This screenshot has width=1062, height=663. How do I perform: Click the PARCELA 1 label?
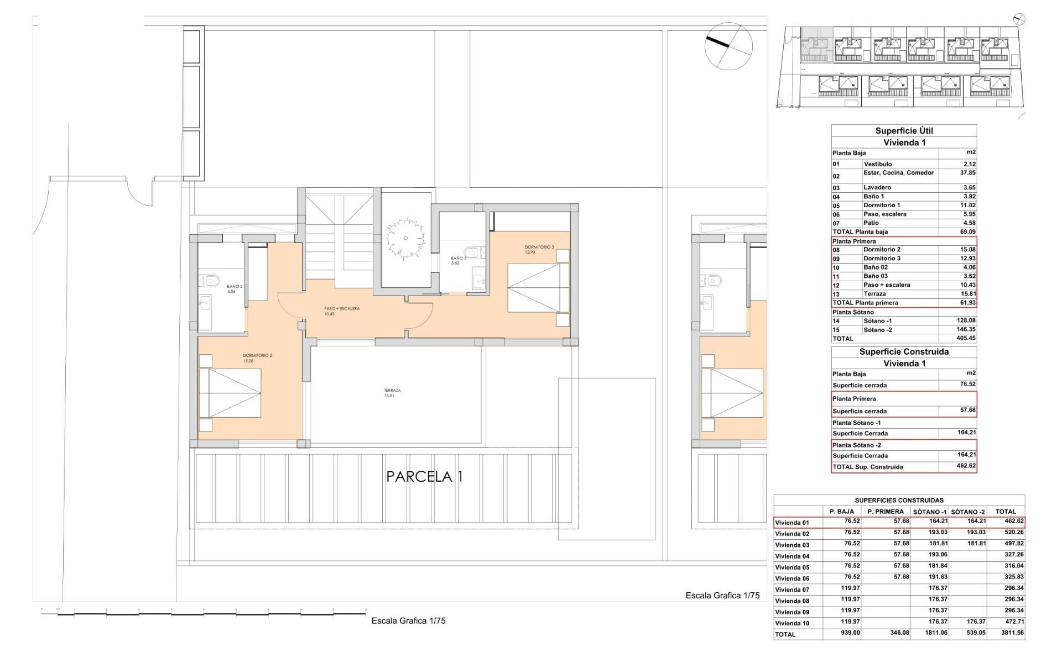(x=424, y=476)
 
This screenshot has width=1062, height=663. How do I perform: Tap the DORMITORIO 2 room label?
(x=257, y=356)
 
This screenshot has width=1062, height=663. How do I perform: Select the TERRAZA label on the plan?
(x=392, y=391)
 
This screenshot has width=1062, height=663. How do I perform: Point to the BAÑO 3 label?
(x=459, y=258)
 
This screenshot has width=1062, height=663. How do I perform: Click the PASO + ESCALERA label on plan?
(x=342, y=309)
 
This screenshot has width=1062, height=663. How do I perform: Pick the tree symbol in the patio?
(x=405, y=239)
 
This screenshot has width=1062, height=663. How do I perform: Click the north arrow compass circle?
(x=728, y=46)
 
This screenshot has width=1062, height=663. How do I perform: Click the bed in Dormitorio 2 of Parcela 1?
(x=230, y=393)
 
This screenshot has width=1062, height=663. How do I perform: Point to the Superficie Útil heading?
(x=904, y=131)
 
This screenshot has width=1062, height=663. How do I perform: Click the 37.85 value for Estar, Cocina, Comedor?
(x=967, y=173)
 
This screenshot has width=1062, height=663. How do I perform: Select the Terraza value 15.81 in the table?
(x=967, y=294)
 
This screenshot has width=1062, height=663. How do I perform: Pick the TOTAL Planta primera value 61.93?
(x=967, y=303)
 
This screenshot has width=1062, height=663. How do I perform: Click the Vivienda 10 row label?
(x=792, y=623)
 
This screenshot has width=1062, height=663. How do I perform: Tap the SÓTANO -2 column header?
(x=968, y=512)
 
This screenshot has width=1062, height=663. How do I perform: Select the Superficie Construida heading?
(x=904, y=352)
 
